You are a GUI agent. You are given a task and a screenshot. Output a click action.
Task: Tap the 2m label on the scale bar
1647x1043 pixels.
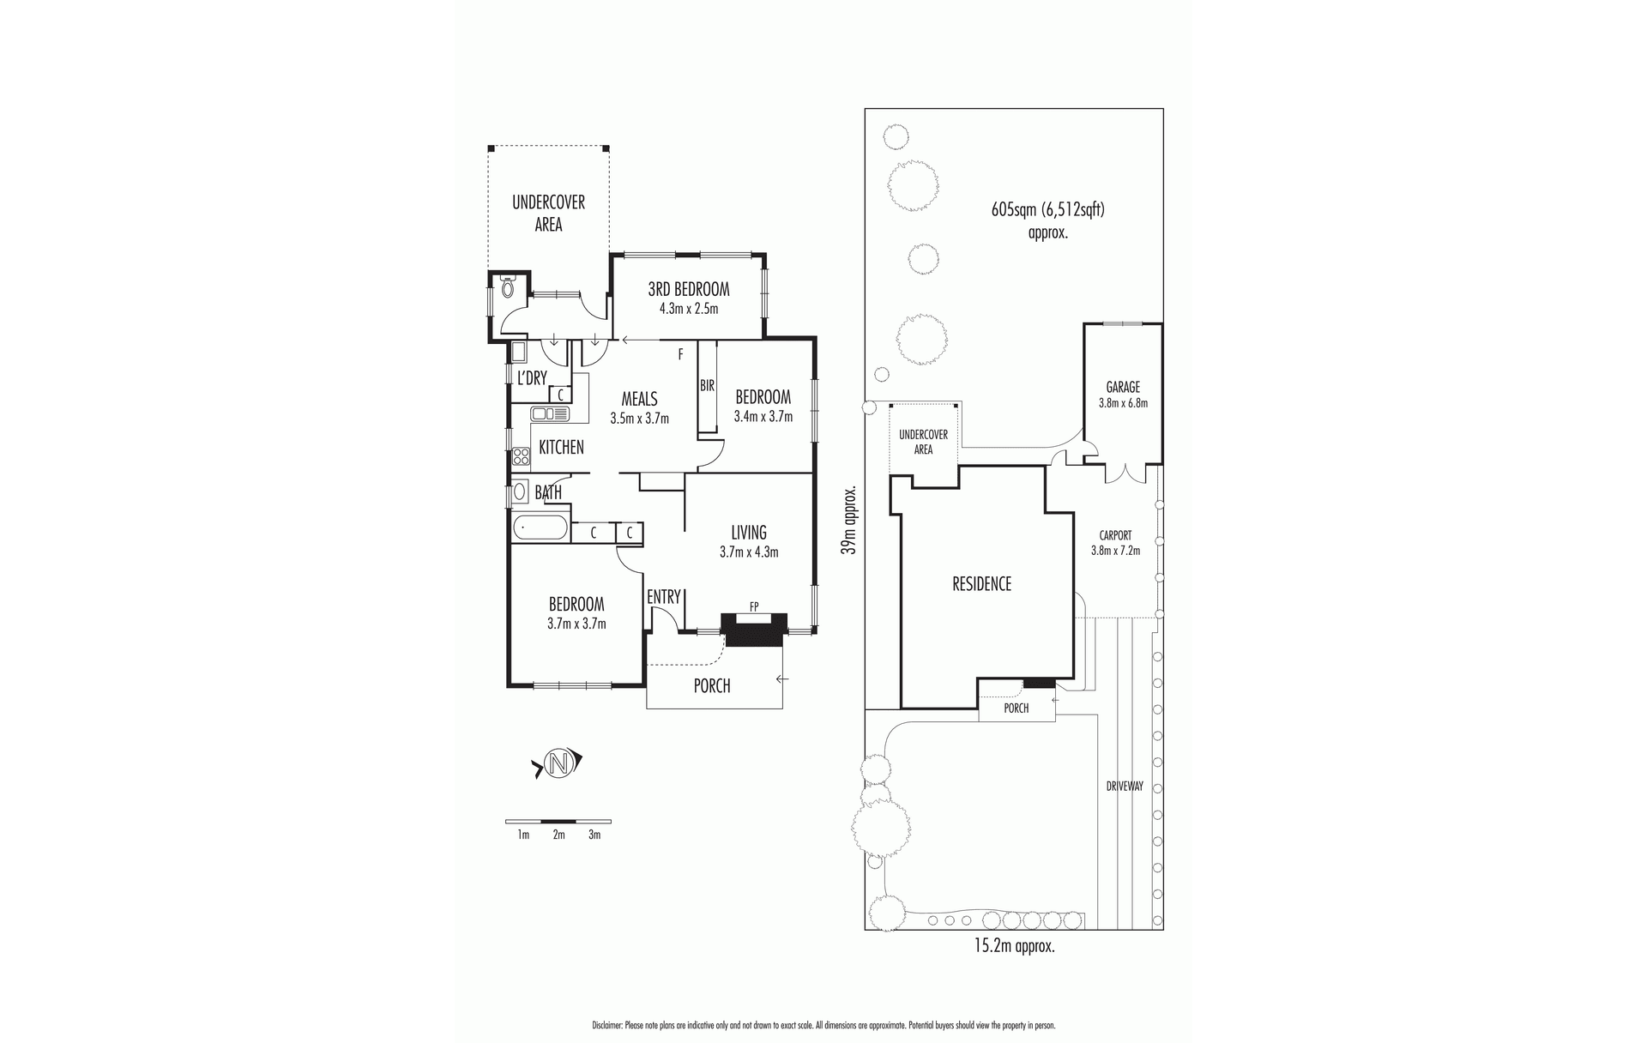click(x=558, y=835)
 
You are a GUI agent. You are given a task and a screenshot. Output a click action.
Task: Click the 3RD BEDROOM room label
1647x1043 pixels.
click(x=688, y=289)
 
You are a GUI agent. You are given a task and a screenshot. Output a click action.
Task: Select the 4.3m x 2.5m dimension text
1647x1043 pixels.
click(x=688, y=309)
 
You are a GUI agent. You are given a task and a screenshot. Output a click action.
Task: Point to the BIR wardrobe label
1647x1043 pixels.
click(x=707, y=387)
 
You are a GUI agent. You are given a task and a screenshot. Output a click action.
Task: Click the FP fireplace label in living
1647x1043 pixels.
click(x=754, y=606)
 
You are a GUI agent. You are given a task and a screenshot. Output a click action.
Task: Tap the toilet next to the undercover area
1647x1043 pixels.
click(x=508, y=288)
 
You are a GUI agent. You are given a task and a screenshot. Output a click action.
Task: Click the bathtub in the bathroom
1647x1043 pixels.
click(x=540, y=528)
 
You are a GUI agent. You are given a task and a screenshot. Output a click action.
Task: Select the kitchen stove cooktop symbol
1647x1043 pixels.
click(x=520, y=457)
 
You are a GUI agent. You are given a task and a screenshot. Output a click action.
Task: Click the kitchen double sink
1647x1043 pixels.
click(x=550, y=414)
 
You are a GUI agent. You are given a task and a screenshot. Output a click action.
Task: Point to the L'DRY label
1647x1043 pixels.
click(x=531, y=378)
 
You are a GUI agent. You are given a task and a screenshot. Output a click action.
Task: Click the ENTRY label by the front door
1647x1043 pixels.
click(x=663, y=597)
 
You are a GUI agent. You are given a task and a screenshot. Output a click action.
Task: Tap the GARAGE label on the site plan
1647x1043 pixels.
click(x=1122, y=388)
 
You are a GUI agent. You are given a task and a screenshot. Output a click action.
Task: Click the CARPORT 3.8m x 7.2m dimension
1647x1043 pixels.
click(x=1115, y=551)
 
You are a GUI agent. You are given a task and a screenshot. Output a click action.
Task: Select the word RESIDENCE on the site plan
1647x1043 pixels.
click(x=981, y=584)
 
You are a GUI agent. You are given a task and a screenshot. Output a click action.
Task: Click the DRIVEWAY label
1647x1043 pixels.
click(x=1124, y=786)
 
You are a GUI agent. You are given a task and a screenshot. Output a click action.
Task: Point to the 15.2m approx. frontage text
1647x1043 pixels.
click(x=1013, y=947)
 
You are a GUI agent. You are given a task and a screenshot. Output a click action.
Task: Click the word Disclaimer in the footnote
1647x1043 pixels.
click(x=607, y=1025)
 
